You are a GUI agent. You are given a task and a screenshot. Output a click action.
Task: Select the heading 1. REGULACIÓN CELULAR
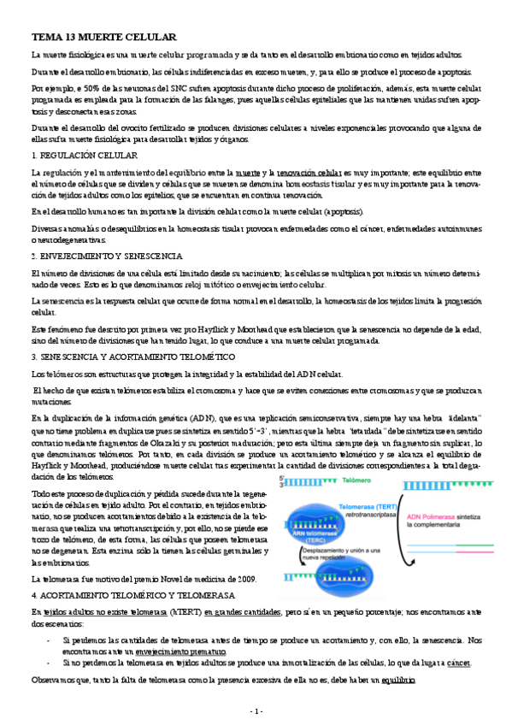click(84, 156)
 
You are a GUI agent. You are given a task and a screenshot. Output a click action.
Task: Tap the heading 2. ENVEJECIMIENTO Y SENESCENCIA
click(104, 256)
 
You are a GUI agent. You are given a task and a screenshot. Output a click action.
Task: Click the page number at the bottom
click(256, 711)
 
